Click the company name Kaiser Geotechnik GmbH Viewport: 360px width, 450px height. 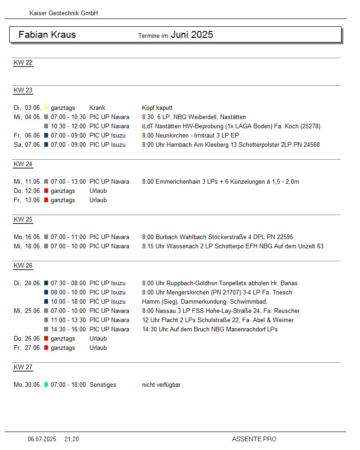tap(64, 13)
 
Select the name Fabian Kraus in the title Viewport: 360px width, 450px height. tap(47, 35)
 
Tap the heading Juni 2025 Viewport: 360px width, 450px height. tap(192, 35)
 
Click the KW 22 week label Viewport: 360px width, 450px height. tap(23, 63)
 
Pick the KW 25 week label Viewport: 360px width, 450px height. tap(23, 220)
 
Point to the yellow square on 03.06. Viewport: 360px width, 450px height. tap(46, 108)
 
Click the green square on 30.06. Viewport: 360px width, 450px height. tap(46, 385)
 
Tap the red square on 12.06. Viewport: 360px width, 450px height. tap(46, 191)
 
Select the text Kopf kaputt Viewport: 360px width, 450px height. tap(157, 108)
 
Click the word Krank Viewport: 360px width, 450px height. tap(97, 108)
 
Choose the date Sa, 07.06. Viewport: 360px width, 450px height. tap(27, 145)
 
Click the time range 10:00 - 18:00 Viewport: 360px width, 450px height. tap(68, 302)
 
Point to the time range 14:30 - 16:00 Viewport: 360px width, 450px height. tap(68, 330)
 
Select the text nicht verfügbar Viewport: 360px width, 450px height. tap(161, 385)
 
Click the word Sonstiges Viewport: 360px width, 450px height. tap(102, 385)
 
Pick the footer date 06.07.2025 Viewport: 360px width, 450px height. tap(42, 439)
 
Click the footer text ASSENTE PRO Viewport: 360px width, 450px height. tap(254, 439)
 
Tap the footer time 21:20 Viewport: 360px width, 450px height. tap(72, 439)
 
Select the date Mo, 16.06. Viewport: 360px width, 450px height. tap(27, 237)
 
